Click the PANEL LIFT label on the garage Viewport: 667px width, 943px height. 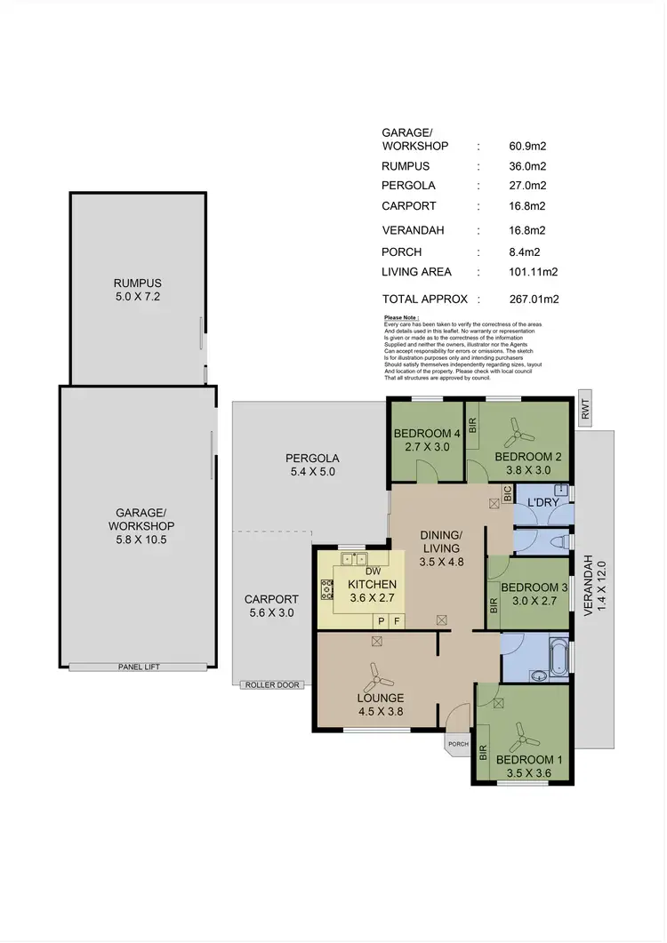pyautogui.click(x=139, y=667)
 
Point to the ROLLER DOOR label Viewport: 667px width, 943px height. pyautogui.click(x=273, y=684)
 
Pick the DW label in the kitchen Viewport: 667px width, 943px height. pyautogui.click(x=373, y=571)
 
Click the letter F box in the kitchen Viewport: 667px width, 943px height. pyautogui.click(x=398, y=620)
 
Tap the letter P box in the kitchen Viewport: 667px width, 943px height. pyautogui.click(x=381, y=620)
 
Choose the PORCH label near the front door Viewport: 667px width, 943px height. pyautogui.click(x=458, y=745)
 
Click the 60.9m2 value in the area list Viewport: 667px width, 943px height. pyautogui.click(x=527, y=146)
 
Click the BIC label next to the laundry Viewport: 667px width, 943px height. pyautogui.click(x=507, y=496)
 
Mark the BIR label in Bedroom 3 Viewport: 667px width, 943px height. pyautogui.click(x=494, y=607)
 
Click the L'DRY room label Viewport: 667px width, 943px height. pyautogui.click(x=542, y=504)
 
